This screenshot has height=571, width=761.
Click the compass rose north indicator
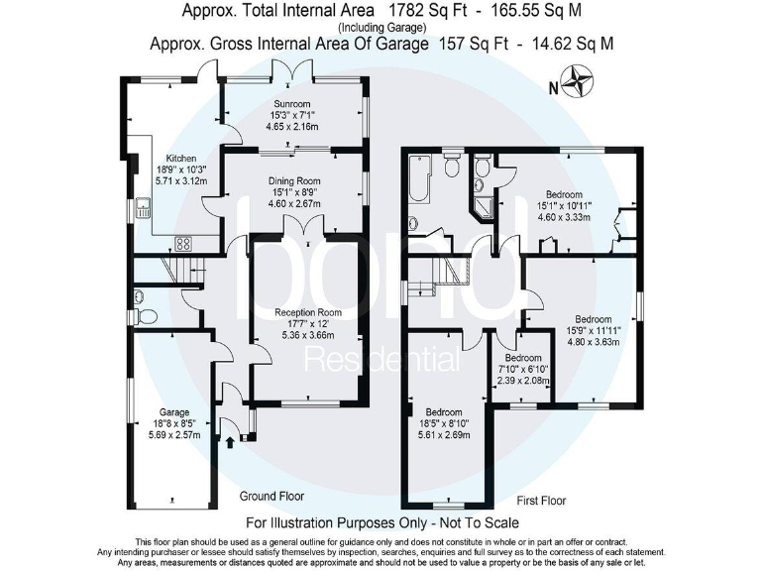pos(575,80)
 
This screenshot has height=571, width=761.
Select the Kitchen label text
pos(181,158)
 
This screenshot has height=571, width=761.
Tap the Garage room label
pos(174,412)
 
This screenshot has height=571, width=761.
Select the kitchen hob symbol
pos(183,243)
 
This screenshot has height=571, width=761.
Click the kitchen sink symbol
pos(143,208)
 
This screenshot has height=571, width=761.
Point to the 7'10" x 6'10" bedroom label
pos(523,358)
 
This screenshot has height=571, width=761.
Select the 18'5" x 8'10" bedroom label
pos(443,412)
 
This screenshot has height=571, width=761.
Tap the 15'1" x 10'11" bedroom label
pos(563,195)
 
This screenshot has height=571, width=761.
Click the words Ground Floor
pos(272,496)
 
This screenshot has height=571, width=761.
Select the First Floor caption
pos(540,502)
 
